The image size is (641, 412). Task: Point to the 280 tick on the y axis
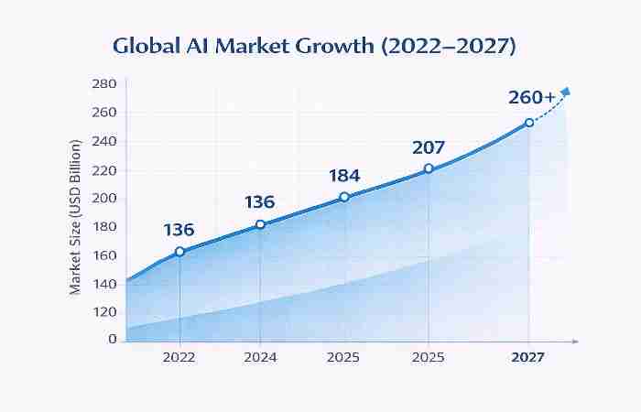(104, 84)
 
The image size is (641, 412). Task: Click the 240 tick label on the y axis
(104, 141)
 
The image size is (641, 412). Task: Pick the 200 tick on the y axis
(104, 198)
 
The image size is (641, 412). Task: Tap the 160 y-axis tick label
(104, 255)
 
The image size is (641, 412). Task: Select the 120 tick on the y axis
(104, 311)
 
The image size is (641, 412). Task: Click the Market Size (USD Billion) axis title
(76, 216)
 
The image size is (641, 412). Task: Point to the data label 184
(344, 175)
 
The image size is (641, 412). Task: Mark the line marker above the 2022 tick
(179, 251)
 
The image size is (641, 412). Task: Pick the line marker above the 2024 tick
(260, 224)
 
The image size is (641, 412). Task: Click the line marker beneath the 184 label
(344, 197)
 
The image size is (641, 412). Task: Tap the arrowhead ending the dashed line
(565, 91)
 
